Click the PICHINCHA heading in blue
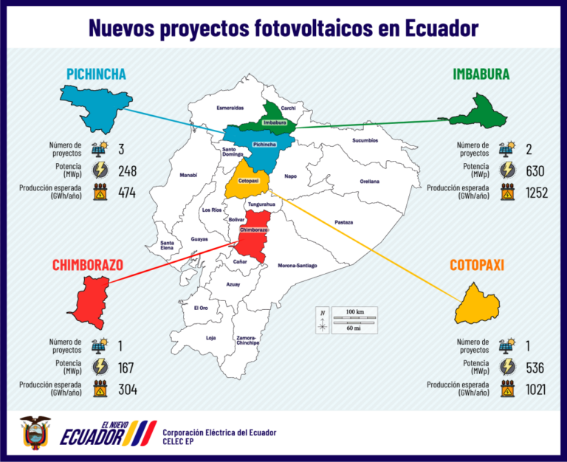[x=96, y=74]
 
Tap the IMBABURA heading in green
[x=481, y=74]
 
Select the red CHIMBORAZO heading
[x=87, y=265]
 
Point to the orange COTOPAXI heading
[x=477, y=265]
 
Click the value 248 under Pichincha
[x=127, y=171]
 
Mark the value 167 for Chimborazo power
[x=127, y=368]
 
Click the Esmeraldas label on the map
[x=230, y=108]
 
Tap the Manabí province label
[x=188, y=175]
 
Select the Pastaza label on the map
[x=343, y=221]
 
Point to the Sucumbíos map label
[x=365, y=139]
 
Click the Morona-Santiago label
[x=297, y=265]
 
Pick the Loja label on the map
[x=210, y=337]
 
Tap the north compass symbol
[x=323, y=320]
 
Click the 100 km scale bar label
[x=354, y=312]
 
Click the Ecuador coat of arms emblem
[x=35, y=434]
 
